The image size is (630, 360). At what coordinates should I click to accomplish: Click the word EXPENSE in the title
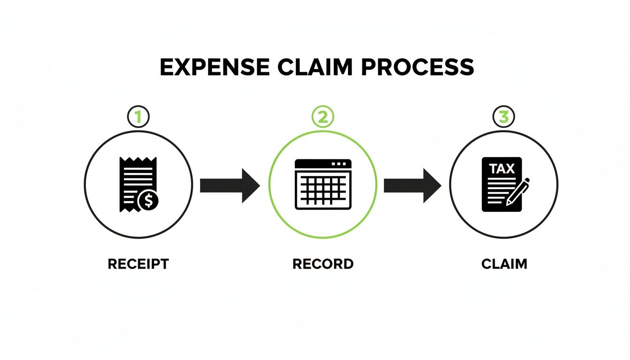click(x=215, y=67)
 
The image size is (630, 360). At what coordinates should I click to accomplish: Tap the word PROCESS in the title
click(x=418, y=67)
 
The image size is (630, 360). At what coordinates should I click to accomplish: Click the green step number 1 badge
click(x=138, y=117)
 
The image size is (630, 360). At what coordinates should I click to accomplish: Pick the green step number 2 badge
click(x=322, y=117)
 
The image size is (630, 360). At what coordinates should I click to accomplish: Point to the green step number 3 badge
click(x=504, y=117)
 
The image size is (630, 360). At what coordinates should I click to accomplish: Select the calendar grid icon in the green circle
click(x=322, y=184)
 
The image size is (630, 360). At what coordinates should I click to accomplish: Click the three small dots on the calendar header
click(x=340, y=164)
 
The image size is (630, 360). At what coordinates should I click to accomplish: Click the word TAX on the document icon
click(x=502, y=169)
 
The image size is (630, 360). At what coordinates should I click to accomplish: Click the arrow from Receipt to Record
click(x=230, y=186)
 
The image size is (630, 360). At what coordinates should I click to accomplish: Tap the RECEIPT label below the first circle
click(x=138, y=264)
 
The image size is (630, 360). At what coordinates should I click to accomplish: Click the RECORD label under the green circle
click(x=322, y=264)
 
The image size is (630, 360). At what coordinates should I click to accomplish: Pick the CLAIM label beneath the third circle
click(x=504, y=264)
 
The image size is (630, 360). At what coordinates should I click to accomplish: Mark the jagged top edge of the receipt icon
click(x=138, y=160)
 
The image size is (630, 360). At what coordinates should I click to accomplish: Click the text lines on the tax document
click(x=496, y=190)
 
